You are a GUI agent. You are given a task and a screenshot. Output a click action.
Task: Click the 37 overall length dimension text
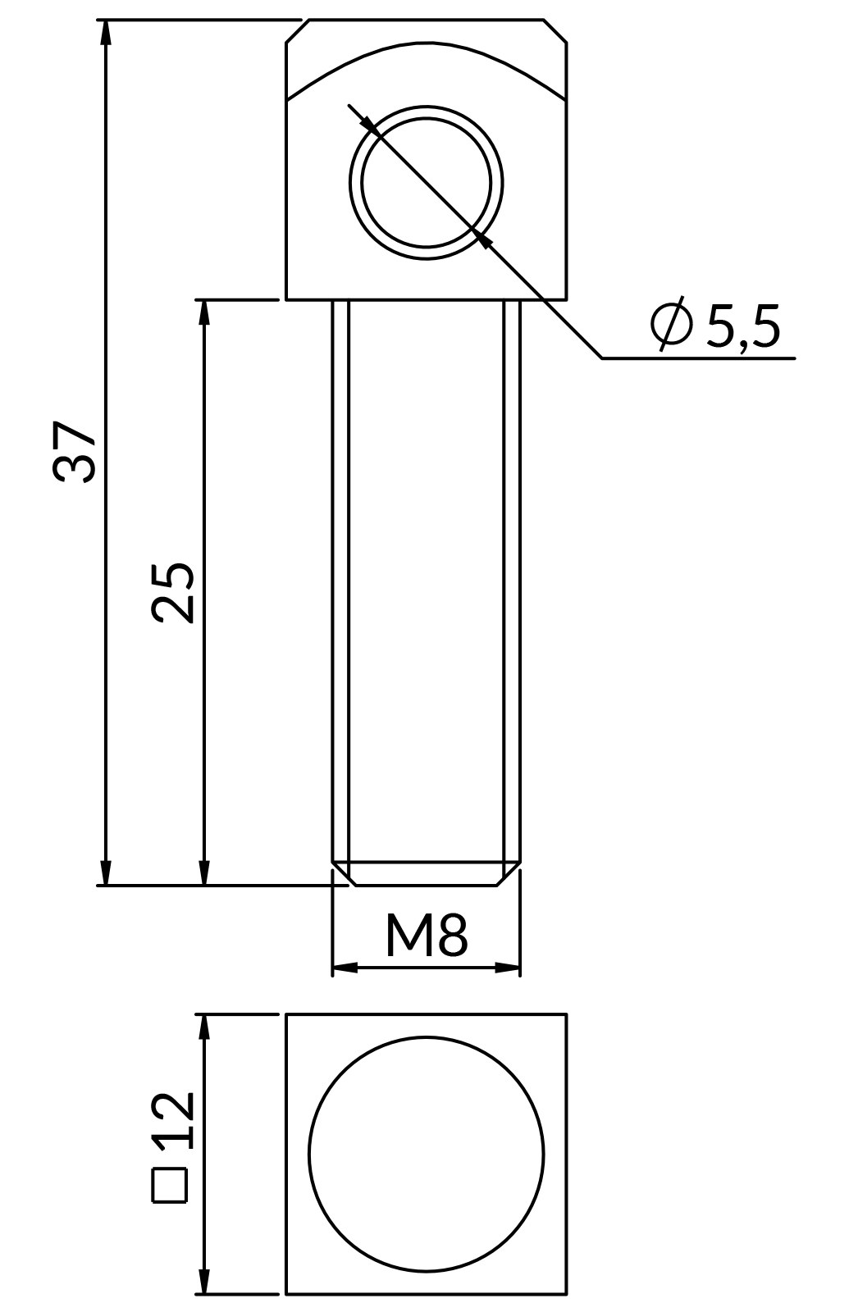(74, 452)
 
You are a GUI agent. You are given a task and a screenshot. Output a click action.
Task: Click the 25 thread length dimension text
(172, 593)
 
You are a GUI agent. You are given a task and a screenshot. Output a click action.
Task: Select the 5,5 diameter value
(743, 326)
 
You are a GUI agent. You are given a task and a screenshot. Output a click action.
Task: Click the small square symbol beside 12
(170, 1186)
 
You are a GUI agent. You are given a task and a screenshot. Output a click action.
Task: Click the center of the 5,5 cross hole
(426, 183)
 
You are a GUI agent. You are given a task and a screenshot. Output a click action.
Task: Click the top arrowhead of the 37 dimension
(106, 32)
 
